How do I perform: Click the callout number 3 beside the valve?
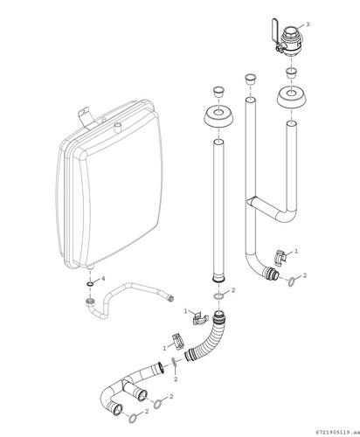tap(308, 24)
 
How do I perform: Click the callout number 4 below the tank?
tap(103, 279)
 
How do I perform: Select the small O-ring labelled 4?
tap(90, 284)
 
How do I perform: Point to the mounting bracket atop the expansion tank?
tap(86, 117)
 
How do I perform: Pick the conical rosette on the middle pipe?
tap(218, 116)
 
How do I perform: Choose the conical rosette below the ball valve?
tap(291, 97)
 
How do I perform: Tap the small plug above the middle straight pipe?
tap(218, 92)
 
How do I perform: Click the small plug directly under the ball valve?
tap(291, 73)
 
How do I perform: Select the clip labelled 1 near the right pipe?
tap(280, 257)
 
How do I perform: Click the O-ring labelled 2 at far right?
tap(293, 281)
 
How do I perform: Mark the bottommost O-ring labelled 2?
tap(133, 418)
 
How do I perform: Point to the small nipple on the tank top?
tap(117, 128)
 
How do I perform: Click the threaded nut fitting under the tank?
tap(90, 302)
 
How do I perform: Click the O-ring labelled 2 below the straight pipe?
tap(218, 296)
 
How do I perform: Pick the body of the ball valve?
tap(291, 41)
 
